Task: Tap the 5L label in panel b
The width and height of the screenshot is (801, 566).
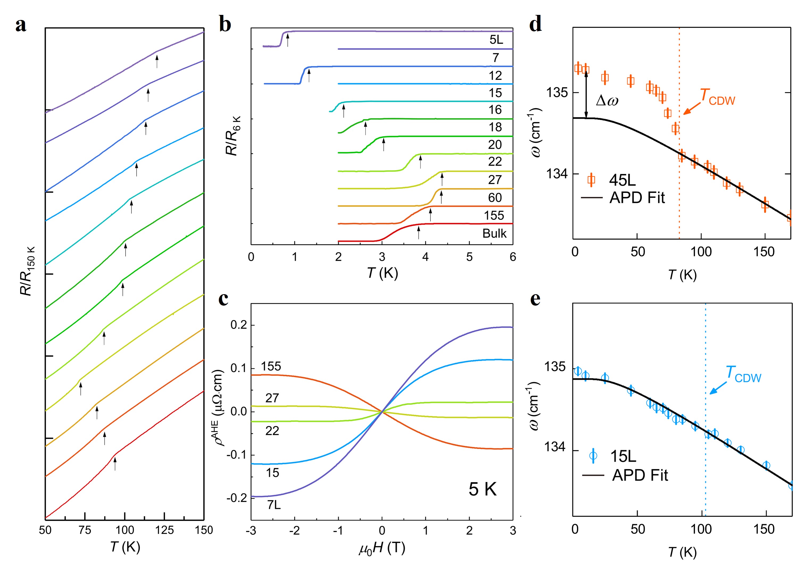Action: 496,39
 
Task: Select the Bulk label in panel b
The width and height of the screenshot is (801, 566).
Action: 494,233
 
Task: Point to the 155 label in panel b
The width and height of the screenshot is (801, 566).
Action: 494,215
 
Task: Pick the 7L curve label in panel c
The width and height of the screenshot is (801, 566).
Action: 274,504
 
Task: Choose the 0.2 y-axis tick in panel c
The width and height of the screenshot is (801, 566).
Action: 239,325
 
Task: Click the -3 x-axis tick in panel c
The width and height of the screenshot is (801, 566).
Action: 251,530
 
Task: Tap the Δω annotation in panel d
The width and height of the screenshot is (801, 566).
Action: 607,101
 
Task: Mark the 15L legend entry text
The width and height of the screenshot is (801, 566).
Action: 623,456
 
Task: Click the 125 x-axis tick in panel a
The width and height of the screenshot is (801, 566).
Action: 164,530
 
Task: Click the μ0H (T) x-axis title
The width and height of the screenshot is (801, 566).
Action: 382,548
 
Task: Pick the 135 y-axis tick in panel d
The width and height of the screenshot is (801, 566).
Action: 557,93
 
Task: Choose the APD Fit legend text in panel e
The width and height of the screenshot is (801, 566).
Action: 640,475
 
